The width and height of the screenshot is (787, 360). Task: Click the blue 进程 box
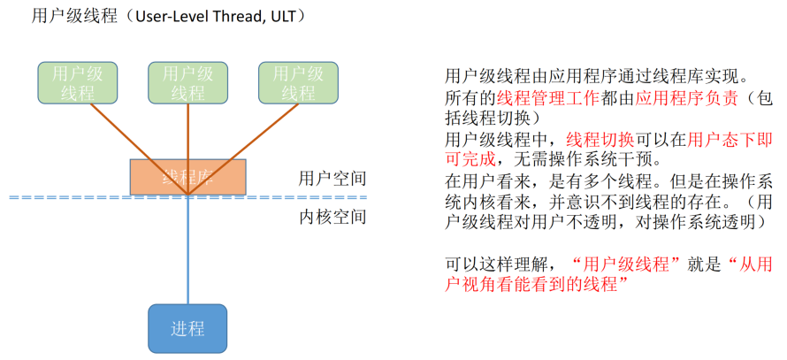[x=187, y=329]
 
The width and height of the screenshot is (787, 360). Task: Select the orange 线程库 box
[x=187, y=176]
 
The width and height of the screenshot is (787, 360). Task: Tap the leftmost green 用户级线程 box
[x=78, y=82]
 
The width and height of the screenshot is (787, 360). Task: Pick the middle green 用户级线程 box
[x=188, y=82]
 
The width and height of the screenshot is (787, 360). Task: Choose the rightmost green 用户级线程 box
[x=298, y=82]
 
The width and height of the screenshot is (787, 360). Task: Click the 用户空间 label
[x=332, y=179]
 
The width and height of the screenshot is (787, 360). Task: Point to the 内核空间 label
[x=332, y=217]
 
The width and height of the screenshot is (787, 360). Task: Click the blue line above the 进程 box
[x=187, y=257]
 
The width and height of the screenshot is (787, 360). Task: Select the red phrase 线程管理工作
[x=547, y=98]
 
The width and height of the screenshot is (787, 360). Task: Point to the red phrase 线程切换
[x=599, y=139]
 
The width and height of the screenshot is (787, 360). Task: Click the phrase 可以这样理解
[x=496, y=264]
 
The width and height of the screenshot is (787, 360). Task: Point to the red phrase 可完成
[x=470, y=159]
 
